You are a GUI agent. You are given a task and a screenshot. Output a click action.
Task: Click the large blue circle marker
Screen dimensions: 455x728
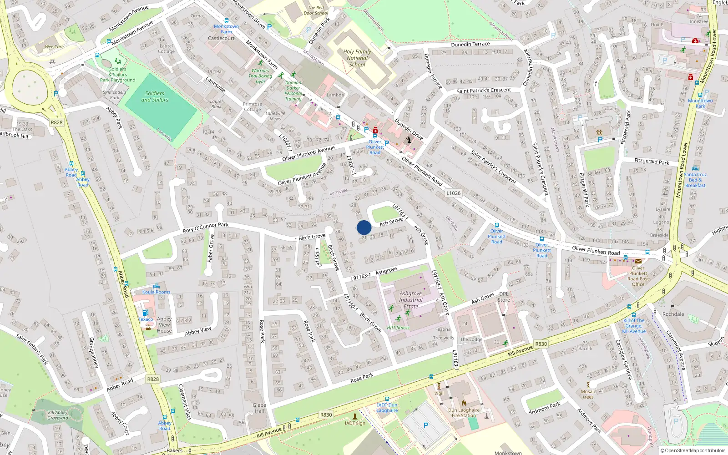364,227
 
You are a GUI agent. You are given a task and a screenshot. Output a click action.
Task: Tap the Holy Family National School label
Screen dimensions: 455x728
357,58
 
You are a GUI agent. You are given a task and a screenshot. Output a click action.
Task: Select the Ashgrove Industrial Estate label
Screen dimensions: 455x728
410,300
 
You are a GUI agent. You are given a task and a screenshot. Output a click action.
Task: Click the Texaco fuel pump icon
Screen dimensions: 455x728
145,313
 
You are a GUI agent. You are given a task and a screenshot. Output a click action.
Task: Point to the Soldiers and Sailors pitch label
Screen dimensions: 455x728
155,96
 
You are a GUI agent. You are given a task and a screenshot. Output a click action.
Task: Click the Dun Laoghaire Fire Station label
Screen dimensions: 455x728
464,413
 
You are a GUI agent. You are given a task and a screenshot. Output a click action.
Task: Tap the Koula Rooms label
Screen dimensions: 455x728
156,292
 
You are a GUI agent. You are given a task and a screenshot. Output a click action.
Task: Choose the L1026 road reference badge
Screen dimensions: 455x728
453,193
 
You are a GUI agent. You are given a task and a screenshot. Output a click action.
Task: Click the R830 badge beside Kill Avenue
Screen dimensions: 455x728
541,344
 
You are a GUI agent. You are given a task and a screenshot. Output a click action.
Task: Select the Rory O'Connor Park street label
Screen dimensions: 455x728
206,227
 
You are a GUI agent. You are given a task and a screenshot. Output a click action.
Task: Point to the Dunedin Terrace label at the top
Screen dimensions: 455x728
470,44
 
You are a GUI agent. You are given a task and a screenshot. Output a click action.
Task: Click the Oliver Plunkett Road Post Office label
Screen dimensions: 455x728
638,276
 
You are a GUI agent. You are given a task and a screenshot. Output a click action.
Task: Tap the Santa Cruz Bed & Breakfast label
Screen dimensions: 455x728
695,180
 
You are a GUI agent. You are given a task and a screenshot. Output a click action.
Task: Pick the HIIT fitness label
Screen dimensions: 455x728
398,328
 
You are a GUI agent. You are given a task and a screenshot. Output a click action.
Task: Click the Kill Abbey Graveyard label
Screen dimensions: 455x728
58,415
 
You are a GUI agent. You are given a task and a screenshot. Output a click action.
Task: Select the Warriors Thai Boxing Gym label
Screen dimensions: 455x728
260,76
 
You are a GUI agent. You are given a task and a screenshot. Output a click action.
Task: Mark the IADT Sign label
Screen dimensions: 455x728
355,423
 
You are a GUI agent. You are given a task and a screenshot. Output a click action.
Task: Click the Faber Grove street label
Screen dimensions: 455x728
211,248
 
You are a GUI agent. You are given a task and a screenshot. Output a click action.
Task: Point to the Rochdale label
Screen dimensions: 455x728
673,314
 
